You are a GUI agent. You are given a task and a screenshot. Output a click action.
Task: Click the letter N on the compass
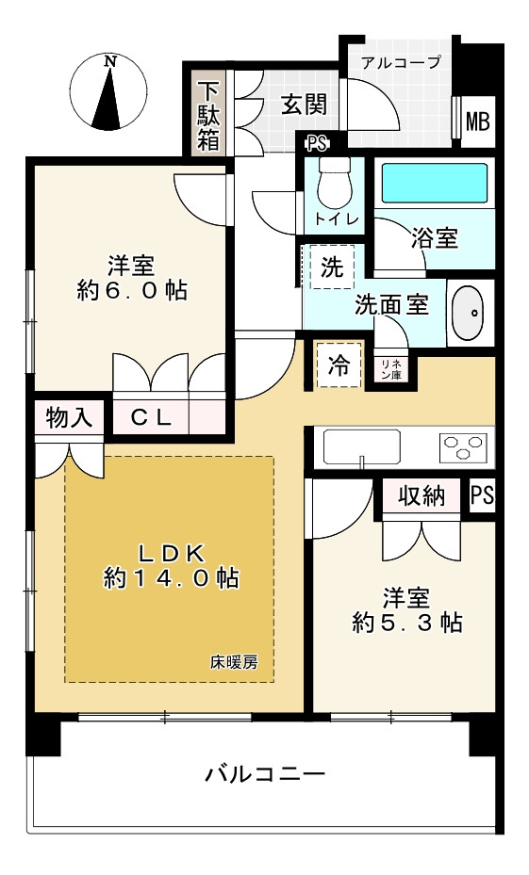(111, 62)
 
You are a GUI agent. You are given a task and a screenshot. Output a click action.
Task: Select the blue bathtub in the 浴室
(435, 183)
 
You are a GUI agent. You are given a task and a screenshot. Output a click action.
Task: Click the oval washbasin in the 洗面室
(468, 313)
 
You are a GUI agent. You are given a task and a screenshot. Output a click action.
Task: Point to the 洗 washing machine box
(332, 267)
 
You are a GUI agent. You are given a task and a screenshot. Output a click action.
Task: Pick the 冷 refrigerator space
(339, 365)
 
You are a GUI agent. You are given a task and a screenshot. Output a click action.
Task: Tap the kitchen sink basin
(362, 448)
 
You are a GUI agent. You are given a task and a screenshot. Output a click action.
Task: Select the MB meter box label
(477, 122)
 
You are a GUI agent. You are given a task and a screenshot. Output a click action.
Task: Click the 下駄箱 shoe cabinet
(208, 116)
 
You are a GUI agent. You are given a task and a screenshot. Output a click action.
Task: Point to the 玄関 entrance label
(304, 105)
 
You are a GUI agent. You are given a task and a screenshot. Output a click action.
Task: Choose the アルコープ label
(401, 61)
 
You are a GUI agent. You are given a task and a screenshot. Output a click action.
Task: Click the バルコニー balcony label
(265, 773)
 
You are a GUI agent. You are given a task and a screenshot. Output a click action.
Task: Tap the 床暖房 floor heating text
(235, 662)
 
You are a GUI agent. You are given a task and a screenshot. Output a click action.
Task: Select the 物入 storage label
(69, 417)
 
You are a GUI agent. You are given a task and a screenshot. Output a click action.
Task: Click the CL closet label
(151, 417)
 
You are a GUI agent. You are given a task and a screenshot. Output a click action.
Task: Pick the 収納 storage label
(422, 495)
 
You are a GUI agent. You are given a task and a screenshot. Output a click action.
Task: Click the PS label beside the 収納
(482, 495)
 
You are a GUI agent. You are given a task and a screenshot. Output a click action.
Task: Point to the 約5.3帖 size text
(407, 623)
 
